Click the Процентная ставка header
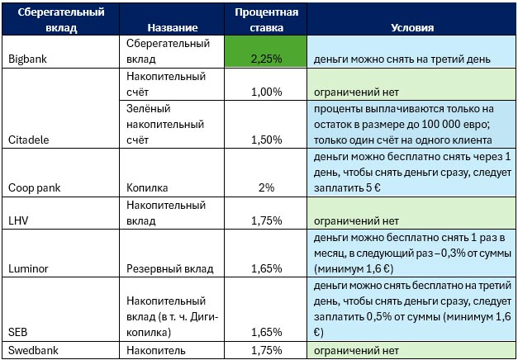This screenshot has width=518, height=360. click(265, 20)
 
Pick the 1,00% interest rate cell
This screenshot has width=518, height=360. click(265, 91)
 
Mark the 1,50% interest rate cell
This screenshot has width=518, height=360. click(265, 140)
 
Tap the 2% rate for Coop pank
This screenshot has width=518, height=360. click(265, 187)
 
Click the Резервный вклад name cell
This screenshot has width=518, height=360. click(169, 268)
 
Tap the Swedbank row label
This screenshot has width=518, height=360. click(30, 351)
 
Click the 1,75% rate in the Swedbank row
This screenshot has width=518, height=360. click(265, 351)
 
